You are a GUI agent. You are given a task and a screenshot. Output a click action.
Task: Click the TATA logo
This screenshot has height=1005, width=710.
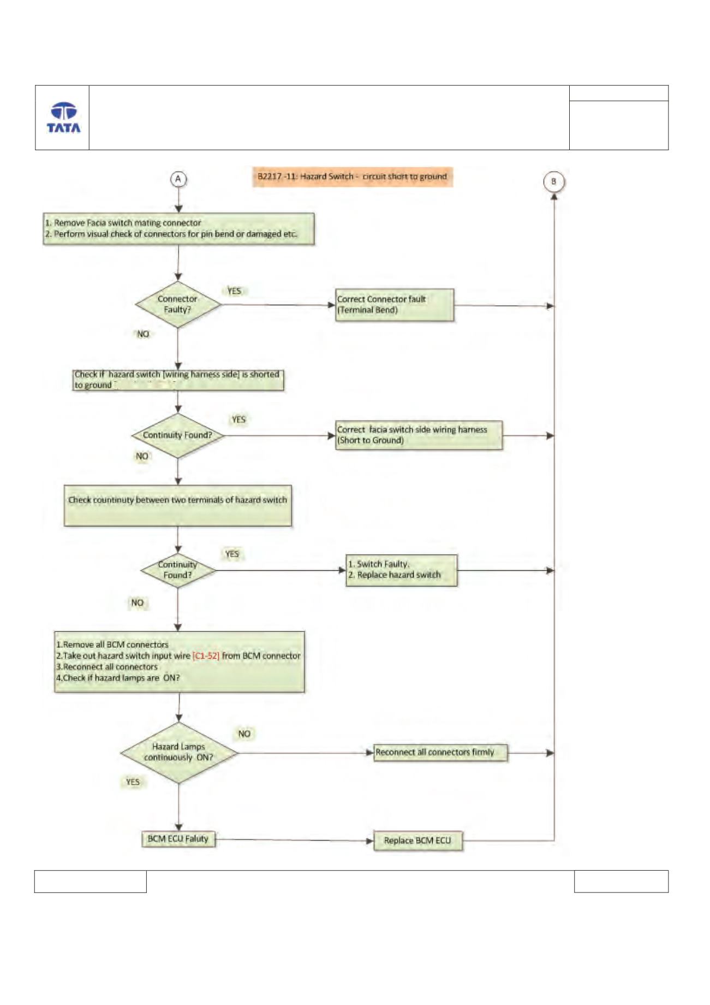[x=63, y=117]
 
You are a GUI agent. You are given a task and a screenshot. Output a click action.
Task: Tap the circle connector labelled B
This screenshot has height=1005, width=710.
[x=554, y=182]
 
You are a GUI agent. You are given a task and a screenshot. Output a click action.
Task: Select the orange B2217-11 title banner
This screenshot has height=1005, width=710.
[x=353, y=177]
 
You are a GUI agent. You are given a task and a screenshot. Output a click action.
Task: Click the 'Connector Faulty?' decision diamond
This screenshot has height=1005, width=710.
[x=178, y=305]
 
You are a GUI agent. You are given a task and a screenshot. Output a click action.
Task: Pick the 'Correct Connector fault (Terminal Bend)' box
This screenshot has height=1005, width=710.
[x=395, y=305]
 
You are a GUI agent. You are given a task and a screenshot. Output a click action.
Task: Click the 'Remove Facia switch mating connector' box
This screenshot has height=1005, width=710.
[x=178, y=229]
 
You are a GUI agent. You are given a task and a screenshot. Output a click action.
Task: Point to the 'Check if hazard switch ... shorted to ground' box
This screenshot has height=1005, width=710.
[x=178, y=380]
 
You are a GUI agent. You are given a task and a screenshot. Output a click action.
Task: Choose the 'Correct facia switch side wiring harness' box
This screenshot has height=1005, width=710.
[x=419, y=435]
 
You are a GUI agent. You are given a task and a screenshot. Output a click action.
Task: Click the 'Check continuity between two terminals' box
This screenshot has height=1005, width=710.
[x=178, y=506]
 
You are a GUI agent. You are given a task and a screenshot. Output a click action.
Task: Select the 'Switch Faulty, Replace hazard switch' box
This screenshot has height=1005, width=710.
[x=402, y=570]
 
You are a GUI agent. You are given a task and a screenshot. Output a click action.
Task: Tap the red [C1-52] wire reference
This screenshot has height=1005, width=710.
[x=206, y=656]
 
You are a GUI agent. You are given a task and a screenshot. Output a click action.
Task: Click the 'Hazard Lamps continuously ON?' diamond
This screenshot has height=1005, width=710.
[x=179, y=753]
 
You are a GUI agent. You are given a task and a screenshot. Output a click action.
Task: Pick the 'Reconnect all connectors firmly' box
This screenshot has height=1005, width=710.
[x=440, y=753]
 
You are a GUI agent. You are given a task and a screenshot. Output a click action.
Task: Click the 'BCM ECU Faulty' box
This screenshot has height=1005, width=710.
[x=178, y=839]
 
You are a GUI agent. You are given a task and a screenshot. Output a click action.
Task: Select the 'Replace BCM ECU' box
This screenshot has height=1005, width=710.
[x=418, y=841]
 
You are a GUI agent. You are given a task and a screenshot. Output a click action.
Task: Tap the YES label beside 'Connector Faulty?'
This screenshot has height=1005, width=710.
[x=234, y=291]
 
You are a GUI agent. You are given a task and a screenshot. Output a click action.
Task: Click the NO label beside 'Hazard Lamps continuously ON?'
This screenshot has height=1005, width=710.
[x=244, y=734]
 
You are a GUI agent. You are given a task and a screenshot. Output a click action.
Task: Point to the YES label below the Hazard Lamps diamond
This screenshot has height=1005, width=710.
[x=133, y=782]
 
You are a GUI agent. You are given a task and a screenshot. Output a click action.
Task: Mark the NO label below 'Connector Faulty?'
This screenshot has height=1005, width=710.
[x=143, y=334]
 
